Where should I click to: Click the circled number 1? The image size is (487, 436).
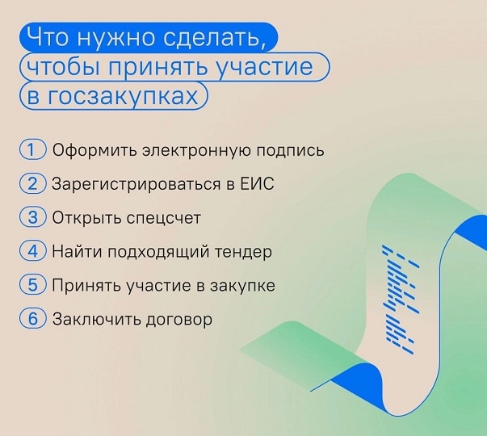point(32,149)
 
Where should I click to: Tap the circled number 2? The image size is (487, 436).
point(32,183)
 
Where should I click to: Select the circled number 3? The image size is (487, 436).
point(32,217)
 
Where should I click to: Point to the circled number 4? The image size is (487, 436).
point(32,251)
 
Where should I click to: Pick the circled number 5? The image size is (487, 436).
point(32,285)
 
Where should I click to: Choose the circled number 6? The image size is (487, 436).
point(32,319)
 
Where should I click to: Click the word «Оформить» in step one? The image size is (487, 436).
point(94,150)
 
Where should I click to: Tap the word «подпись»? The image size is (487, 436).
point(290,151)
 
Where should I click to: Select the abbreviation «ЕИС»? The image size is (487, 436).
point(258,183)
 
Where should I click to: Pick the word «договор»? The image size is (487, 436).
point(179,320)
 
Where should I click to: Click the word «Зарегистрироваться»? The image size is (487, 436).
point(136,184)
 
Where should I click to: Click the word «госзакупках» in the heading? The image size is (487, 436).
point(123,96)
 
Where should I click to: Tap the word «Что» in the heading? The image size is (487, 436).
point(47,36)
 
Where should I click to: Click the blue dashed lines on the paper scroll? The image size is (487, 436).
point(399,300)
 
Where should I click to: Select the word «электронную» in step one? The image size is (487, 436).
point(196,151)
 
